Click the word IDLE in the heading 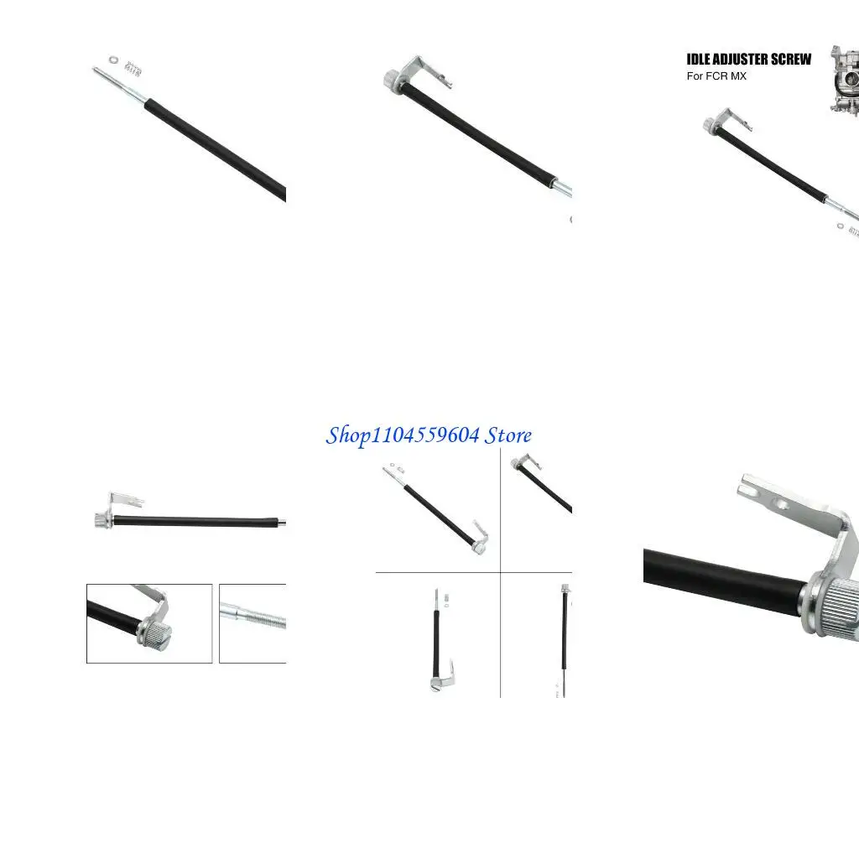698,60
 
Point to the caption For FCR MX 716,76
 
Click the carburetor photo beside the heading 845,81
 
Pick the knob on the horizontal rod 102,521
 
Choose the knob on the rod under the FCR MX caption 710,127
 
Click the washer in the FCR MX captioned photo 841,225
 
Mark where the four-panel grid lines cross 501,573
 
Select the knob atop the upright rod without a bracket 566,589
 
